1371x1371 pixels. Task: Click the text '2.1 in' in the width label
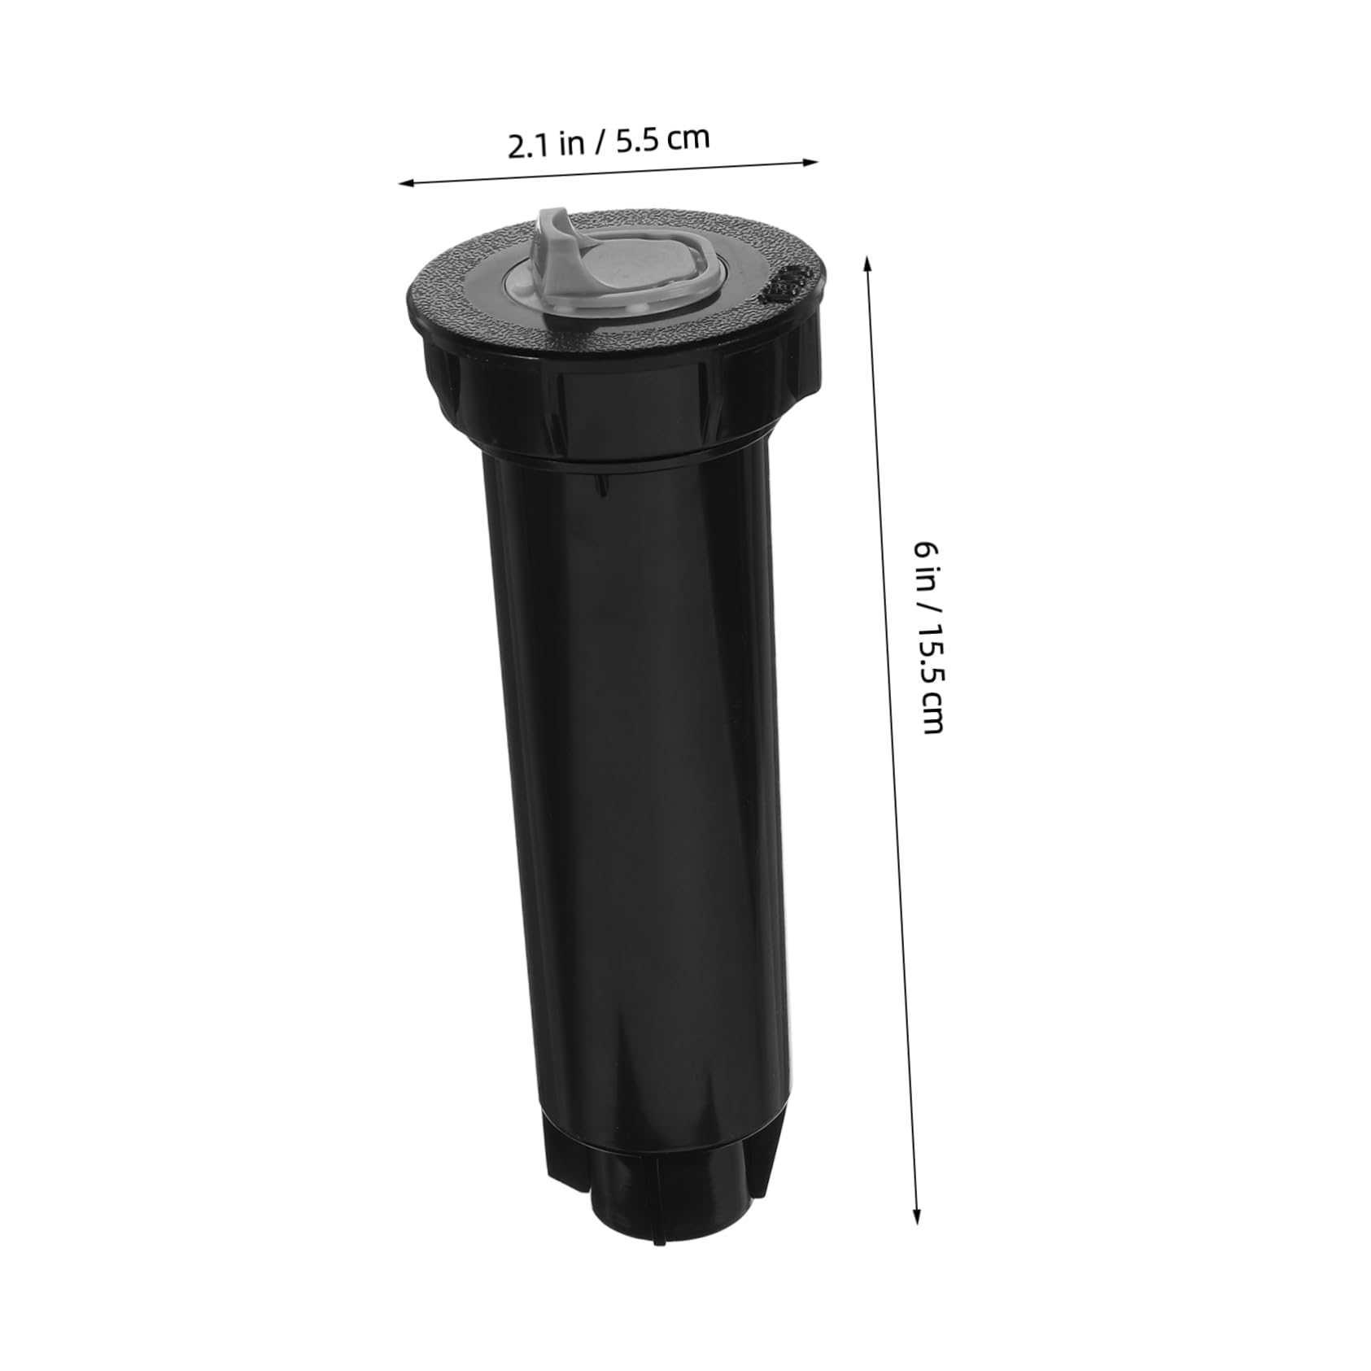(546, 145)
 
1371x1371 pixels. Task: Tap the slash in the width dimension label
(600, 142)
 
